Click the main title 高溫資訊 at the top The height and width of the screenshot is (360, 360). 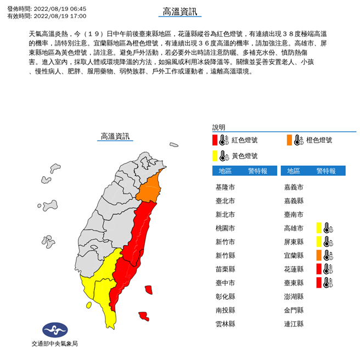(179, 12)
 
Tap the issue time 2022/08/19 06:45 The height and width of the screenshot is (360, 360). (60, 9)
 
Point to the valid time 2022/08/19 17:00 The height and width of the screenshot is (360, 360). (60, 16)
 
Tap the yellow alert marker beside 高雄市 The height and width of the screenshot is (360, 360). (319, 228)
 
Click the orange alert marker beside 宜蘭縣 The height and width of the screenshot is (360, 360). (319, 255)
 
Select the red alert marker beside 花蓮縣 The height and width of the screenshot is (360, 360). (319, 269)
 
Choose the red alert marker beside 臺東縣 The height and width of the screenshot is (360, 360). (319, 283)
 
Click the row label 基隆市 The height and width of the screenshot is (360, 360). (226, 187)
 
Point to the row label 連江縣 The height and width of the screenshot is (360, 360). (294, 324)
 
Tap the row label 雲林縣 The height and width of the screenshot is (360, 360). (226, 324)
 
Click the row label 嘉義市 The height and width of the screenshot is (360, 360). (294, 187)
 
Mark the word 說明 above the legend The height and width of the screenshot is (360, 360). (218, 127)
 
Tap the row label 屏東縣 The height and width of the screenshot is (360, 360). (294, 241)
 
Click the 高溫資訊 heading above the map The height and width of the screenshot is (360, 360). (115, 136)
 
